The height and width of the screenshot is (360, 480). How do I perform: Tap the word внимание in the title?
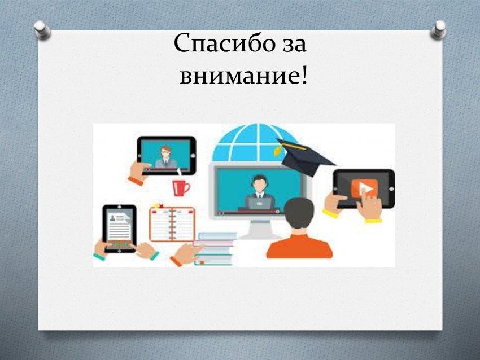(x=239, y=75)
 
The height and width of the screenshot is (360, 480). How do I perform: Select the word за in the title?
(x=293, y=45)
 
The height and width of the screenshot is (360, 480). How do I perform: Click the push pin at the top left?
(x=42, y=30)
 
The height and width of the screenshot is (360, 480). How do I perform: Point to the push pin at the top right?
(x=438, y=30)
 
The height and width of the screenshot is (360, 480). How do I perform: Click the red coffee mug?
(x=181, y=187)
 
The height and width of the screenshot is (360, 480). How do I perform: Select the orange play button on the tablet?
(x=365, y=188)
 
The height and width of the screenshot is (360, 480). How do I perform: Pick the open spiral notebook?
(x=172, y=223)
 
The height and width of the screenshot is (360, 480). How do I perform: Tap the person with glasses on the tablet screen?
(x=166, y=157)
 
